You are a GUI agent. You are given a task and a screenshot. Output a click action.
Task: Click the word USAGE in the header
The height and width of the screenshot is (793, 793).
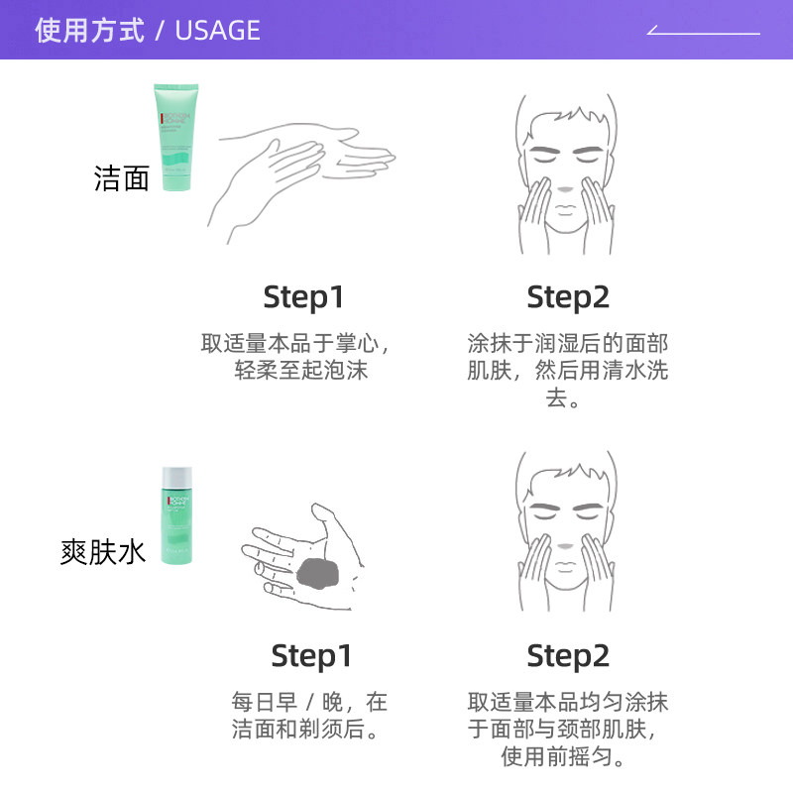click(x=217, y=31)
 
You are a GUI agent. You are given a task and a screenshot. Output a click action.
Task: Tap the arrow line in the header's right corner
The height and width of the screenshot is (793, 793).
click(x=704, y=32)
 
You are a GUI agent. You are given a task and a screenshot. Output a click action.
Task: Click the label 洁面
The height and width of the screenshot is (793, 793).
click(x=121, y=178)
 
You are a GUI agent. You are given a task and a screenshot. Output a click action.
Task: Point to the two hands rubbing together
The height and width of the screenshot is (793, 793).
click(x=302, y=173)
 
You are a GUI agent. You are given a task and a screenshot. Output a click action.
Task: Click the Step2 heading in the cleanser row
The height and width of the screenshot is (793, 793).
click(x=568, y=297)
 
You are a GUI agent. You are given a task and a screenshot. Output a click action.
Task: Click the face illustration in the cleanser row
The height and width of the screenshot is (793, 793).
click(x=567, y=173)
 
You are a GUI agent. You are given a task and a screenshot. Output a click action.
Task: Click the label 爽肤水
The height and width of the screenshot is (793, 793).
click(x=103, y=551)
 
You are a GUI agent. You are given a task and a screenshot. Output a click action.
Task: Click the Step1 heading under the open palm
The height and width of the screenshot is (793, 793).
click(x=311, y=656)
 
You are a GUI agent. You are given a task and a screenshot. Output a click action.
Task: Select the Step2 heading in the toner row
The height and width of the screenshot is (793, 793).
click(x=568, y=656)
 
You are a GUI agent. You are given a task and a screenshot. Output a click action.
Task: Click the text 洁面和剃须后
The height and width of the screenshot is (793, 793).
click(x=307, y=731)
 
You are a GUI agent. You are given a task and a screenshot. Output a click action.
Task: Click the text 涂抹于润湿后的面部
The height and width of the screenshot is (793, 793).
click(x=568, y=344)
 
